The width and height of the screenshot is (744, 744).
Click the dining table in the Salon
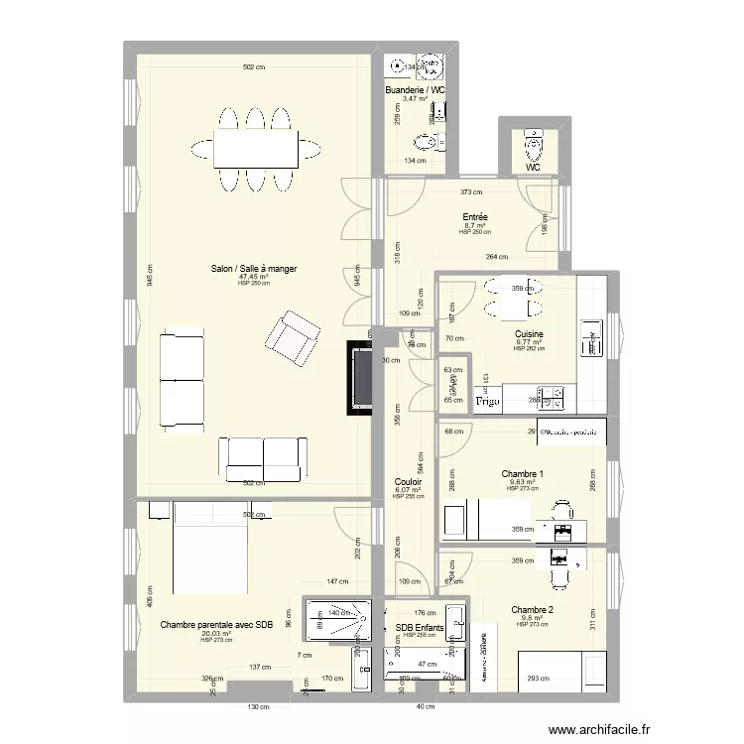coord(255,150)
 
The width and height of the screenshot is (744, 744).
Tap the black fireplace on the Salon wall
coord(359,378)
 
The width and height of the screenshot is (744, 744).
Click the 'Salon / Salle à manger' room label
coord(253,268)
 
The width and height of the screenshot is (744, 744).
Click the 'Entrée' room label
coord(474,217)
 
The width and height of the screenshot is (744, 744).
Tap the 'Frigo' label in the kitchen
coord(486,403)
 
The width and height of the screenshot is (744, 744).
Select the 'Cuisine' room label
coord(528,334)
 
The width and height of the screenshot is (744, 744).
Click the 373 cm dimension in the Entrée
coord(471,192)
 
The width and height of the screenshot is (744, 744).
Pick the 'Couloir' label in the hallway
coord(409,481)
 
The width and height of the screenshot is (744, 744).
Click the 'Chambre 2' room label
coord(533,609)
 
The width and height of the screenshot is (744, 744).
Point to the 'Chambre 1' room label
coord(523,473)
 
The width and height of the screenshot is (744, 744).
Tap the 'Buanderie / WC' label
coord(415,90)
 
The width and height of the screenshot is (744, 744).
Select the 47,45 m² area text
coord(253,277)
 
